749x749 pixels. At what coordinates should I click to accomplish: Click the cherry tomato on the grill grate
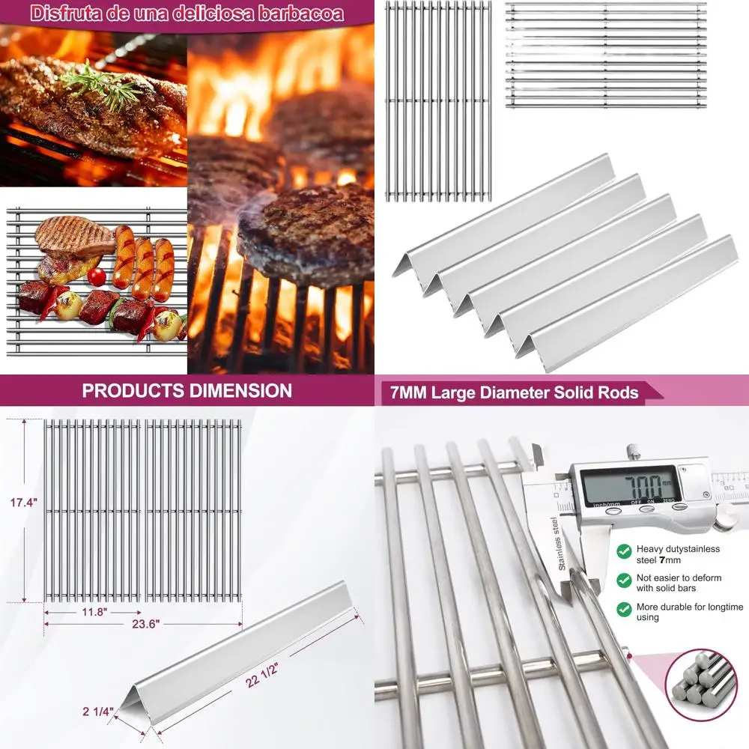click(x=97, y=276)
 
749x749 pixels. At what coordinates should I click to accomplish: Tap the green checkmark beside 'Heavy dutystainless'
click(x=623, y=551)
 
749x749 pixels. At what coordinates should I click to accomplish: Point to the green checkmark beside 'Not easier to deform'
click(x=623, y=580)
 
